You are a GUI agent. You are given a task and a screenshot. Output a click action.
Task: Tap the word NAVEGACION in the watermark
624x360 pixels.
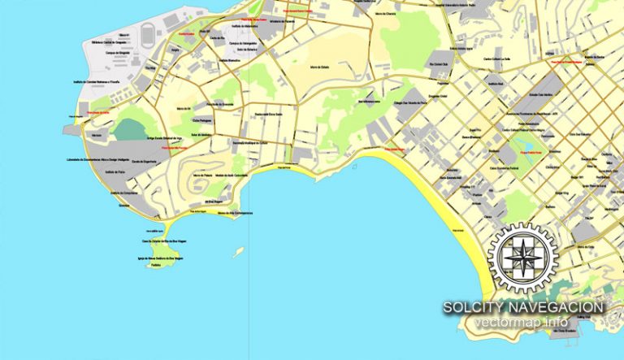point(557,307)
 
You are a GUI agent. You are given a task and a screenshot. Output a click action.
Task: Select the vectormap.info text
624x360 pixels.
point(522,323)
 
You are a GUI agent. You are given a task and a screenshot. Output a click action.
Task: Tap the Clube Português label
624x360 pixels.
point(206,120)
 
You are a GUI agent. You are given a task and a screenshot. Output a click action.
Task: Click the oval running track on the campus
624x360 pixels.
point(147,36)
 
